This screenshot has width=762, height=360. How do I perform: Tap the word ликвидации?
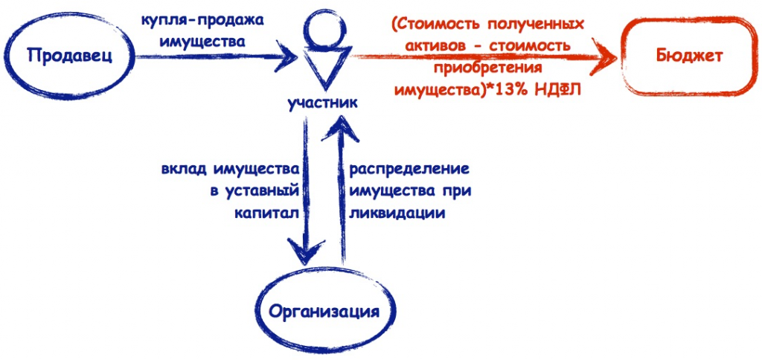point(397,213)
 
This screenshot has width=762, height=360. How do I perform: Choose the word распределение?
point(410,170)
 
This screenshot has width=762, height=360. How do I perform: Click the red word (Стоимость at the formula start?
point(435,25)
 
